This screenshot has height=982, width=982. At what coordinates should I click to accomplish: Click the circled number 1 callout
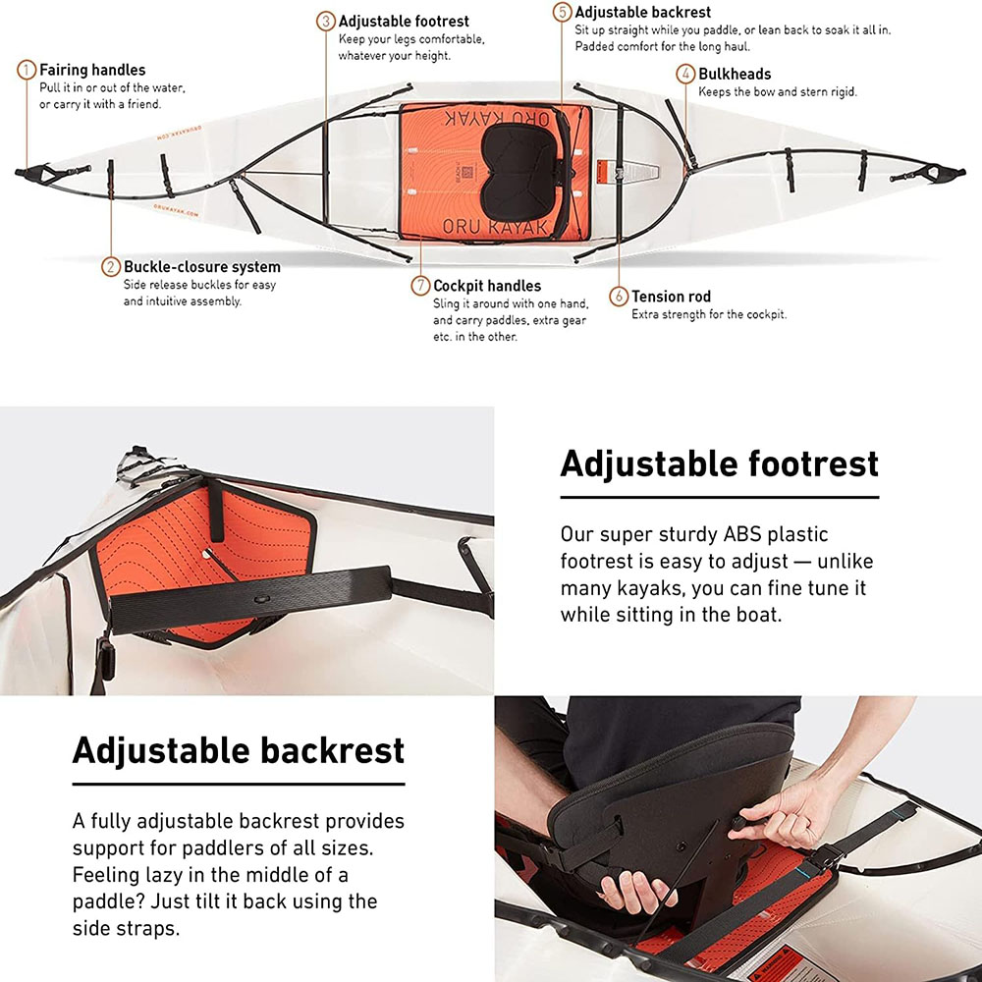click(x=27, y=71)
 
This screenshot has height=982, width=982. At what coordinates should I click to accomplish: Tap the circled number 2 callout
click(x=112, y=267)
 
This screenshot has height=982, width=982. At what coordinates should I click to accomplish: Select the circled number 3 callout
click(x=326, y=21)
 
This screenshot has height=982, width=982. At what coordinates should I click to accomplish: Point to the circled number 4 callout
click(x=686, y=74)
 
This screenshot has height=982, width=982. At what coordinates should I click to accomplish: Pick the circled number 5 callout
click(x=563, y=13)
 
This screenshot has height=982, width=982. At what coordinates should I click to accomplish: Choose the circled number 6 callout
click(x=619, y=296)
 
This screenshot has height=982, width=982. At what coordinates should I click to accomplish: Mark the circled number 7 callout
click(x=421, y=286)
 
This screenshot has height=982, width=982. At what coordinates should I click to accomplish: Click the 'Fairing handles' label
click(x=92, y=71)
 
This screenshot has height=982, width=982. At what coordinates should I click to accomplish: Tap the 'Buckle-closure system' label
click(x=202, y=267)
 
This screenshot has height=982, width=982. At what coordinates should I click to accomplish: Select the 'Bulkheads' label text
click(x=735, y=74)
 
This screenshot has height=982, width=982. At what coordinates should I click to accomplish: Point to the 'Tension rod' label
click(x=671, y=297)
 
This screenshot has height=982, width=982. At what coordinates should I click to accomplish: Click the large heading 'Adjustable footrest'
click(x=719, y=464)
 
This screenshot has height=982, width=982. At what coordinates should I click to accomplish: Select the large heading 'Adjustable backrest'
click(x=239, y=750)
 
